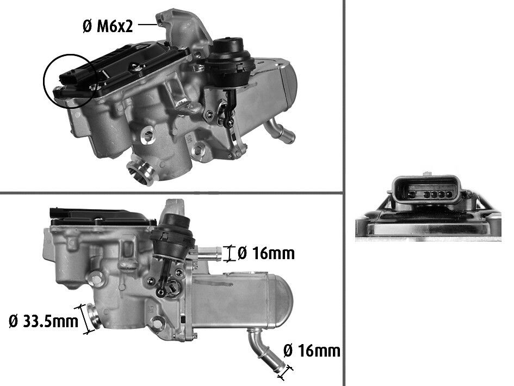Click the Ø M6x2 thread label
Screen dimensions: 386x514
coord(108,26)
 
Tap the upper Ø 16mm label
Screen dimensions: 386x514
coord(266,253)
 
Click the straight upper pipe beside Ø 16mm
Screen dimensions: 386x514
coord(209,253)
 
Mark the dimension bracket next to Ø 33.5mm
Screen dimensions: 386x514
coord(84,318)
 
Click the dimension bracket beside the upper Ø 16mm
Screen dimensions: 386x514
coord(230,253)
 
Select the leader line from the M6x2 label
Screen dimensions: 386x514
coord(147,24)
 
